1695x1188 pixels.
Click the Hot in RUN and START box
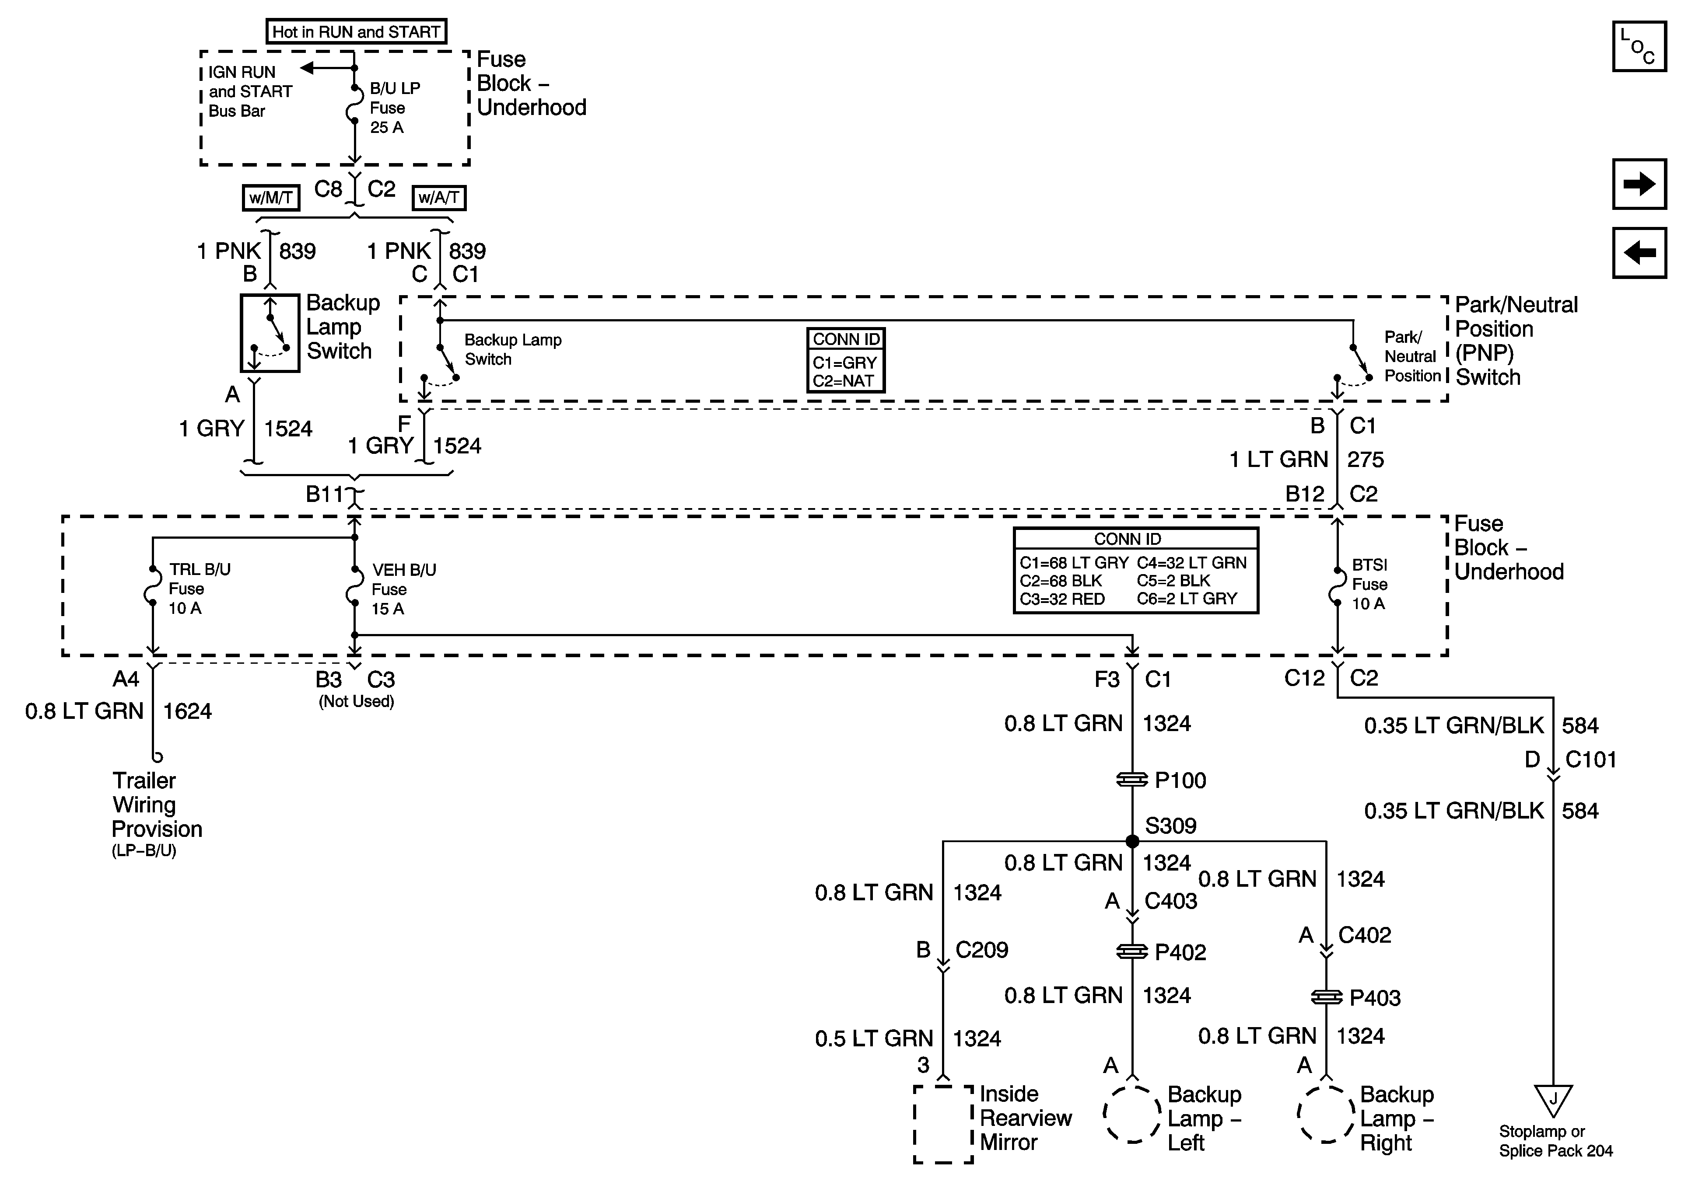(x=356, y=32)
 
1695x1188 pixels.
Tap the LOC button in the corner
(x=1639, y=46)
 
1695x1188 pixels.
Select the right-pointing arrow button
(x=1639, y=184)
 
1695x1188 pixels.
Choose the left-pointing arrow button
(x=1639, y=252)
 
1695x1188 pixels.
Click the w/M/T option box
(x=271, y=198)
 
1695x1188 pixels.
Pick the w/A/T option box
(x=438, y=198)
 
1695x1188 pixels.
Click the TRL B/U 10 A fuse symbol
(x=153, y=587)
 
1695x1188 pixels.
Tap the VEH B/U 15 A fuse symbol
(x=354, y=587)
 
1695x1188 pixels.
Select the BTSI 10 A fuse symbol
(x=1337, y=587)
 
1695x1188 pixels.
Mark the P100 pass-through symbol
(x=1132, y=779)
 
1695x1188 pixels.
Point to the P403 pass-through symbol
(x=1327, y=997)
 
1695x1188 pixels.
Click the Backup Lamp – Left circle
(x=1132, y=1114)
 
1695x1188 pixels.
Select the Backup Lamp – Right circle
(x=1326, y=1114)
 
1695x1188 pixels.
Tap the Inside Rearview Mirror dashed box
(x=943, y=1124)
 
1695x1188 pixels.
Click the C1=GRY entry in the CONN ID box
(x=844, y=362)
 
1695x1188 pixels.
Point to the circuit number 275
(x=1365, y=460)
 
